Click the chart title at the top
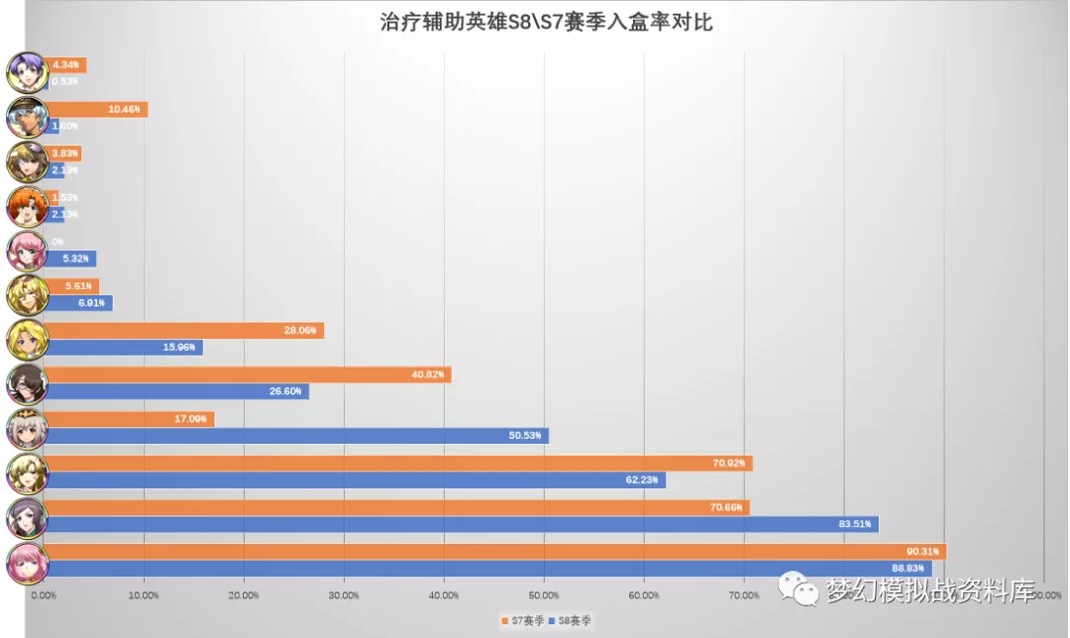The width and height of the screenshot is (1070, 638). (546, 23)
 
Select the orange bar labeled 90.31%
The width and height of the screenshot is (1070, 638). (495, 551)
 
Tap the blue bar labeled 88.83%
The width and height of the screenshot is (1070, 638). (485, 568)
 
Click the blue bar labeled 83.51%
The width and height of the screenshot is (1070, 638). (461, 524)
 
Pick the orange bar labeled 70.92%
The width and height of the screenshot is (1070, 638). (396, 463)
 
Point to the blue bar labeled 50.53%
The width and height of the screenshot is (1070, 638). (297, 436)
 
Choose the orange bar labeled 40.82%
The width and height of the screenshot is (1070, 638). (248, 374)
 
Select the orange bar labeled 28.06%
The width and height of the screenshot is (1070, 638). (183, 331)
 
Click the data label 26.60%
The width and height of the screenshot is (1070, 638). (286, 392)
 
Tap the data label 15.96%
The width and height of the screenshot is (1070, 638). (180, 348)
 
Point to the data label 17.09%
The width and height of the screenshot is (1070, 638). (191, 419)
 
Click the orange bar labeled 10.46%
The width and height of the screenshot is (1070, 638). (96, 109)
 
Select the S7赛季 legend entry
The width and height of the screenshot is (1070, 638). (522, 620)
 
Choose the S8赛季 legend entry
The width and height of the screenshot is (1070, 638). (573, 620)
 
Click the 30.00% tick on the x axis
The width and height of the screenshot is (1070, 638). (344, 595)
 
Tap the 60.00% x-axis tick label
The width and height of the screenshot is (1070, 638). (644, 595)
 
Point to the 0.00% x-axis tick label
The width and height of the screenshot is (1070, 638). (45, 595)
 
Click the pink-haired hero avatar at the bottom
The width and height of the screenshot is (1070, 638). (26, 562)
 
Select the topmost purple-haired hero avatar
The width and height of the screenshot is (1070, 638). (26, 72)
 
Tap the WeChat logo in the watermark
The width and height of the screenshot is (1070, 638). (799, 587)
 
